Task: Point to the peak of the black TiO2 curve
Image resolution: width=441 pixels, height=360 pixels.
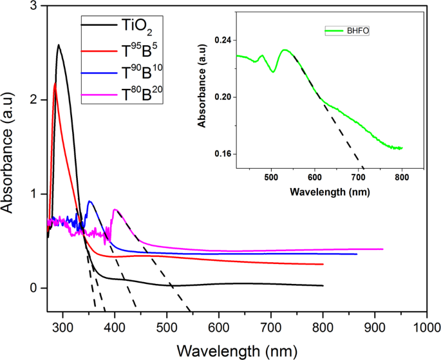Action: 59,45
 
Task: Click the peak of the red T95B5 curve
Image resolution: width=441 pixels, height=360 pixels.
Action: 55,83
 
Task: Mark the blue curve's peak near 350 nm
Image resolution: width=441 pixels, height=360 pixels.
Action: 89,202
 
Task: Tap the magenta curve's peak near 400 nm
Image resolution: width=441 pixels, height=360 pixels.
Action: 115,209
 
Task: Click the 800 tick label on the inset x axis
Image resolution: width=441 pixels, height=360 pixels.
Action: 402,177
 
